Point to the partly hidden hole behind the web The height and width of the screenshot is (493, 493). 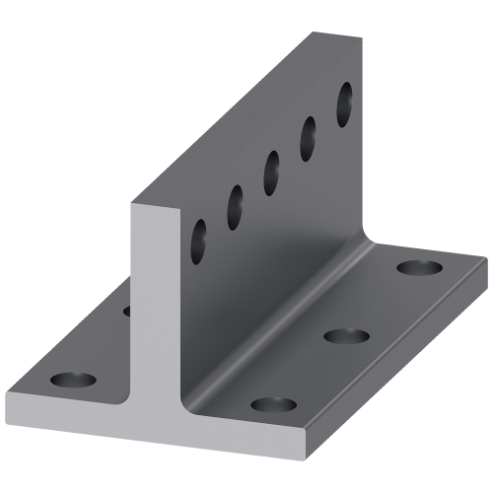pyautogui.click(x=127, y=312)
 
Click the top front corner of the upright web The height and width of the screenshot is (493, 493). pyautogui.click(x=131, y=204)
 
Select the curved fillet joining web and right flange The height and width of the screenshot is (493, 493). pyautogui.click(x=296, y=296)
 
